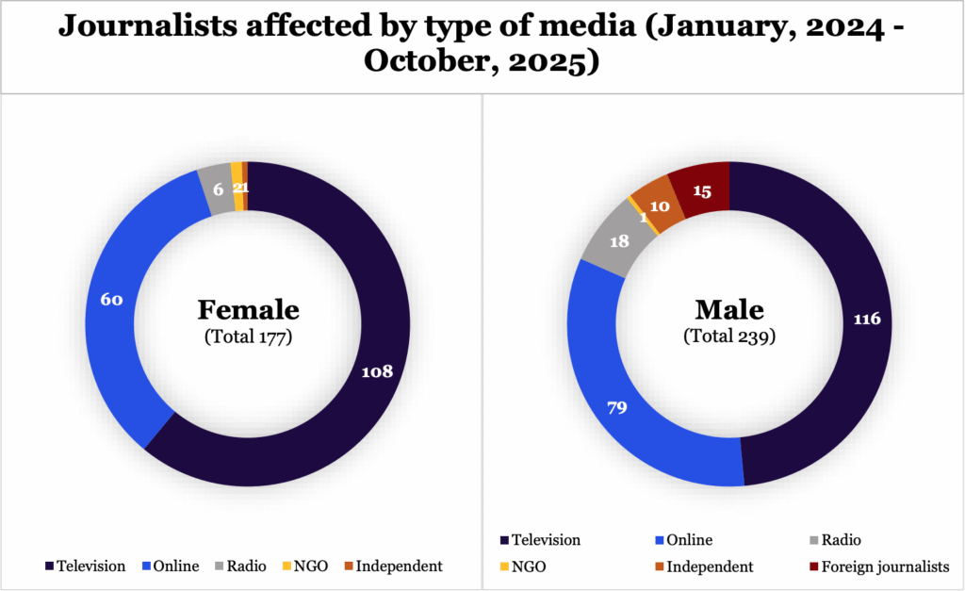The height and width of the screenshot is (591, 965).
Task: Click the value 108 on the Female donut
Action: click(x=377, y=371)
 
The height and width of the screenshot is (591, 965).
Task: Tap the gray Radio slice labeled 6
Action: click(x=218, y=189)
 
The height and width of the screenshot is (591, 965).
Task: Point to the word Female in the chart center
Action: click(x=248, y=309)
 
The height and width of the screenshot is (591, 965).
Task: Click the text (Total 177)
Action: click(x=248, y=336)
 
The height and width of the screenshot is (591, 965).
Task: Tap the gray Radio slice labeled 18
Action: click(x=619, y=241)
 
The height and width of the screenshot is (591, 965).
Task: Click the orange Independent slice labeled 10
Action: click(x=660, y=206)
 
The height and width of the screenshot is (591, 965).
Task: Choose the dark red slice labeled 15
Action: click(x=702, y=190)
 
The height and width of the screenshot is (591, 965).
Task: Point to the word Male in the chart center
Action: click(x=728, y=309)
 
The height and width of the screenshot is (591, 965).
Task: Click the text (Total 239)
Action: click(x=728, y=336)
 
